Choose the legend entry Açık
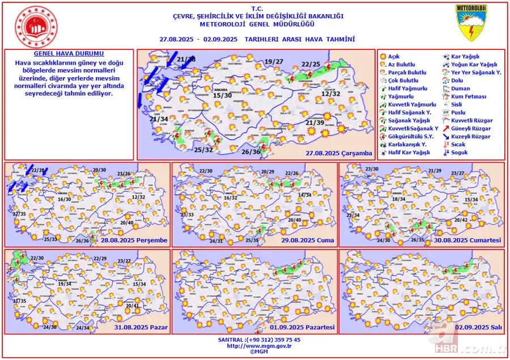tap(393, 57)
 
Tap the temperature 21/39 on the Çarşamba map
tap(314, 122)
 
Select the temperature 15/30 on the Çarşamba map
tap(222, 96)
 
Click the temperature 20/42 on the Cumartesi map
tap(461, 220)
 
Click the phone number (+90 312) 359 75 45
tap(274, 339)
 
